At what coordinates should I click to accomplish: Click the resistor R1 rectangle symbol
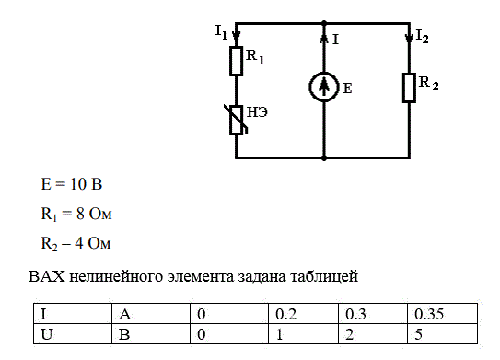236,61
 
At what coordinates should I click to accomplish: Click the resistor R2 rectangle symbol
409,87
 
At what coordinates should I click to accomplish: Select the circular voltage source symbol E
323,87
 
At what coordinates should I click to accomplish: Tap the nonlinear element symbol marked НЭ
237,120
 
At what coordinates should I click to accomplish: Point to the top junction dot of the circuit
324,23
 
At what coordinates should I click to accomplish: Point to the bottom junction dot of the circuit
324,157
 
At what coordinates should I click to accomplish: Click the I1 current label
221,32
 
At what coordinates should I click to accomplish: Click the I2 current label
423,36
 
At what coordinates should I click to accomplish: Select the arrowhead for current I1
236,36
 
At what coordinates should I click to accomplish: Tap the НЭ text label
257,112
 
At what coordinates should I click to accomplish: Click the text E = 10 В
72,184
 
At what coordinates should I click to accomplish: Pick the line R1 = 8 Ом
76,214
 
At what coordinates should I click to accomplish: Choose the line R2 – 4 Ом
76,244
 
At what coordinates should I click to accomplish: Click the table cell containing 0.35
442,314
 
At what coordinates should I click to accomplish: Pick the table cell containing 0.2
303,314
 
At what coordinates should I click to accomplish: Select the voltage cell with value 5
442,334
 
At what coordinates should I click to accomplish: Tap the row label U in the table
73,334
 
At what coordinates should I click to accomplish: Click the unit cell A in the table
151,314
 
